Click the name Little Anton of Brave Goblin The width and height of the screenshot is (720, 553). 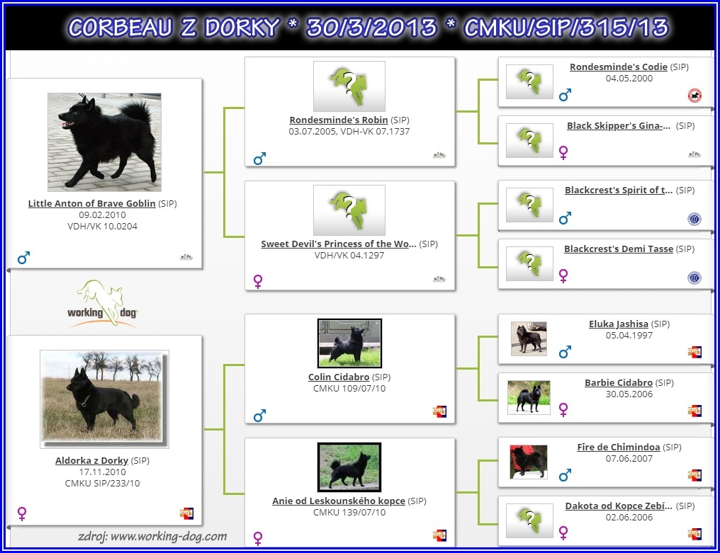point(92,203)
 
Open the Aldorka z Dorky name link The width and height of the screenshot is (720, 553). point(91,460)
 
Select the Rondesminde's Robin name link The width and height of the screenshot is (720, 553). point(339,120)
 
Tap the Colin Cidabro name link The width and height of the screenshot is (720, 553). point(339,377)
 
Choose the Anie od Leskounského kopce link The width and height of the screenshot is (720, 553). point(339,501)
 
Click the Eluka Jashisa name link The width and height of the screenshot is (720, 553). point(619,324)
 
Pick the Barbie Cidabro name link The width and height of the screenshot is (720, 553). point(619,383)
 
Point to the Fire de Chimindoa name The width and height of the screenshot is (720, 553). point(619,447)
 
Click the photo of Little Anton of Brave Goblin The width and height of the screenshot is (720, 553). point(104,142)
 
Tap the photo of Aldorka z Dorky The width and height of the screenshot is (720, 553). point(104,399)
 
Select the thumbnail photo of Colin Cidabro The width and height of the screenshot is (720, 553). point(349,343)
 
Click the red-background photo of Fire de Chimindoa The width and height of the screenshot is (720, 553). point(529,462)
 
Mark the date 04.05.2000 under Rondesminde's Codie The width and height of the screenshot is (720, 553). point(629,79)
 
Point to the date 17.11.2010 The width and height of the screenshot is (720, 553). point(102,472)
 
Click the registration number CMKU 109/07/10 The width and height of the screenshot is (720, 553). point(349,389)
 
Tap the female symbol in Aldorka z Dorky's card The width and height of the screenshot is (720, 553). point(21,513)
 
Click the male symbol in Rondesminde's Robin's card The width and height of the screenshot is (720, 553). point(259,159)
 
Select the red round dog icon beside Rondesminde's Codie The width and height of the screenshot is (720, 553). point(694,96)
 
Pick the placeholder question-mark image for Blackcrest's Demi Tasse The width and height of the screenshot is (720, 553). point(529,263)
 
